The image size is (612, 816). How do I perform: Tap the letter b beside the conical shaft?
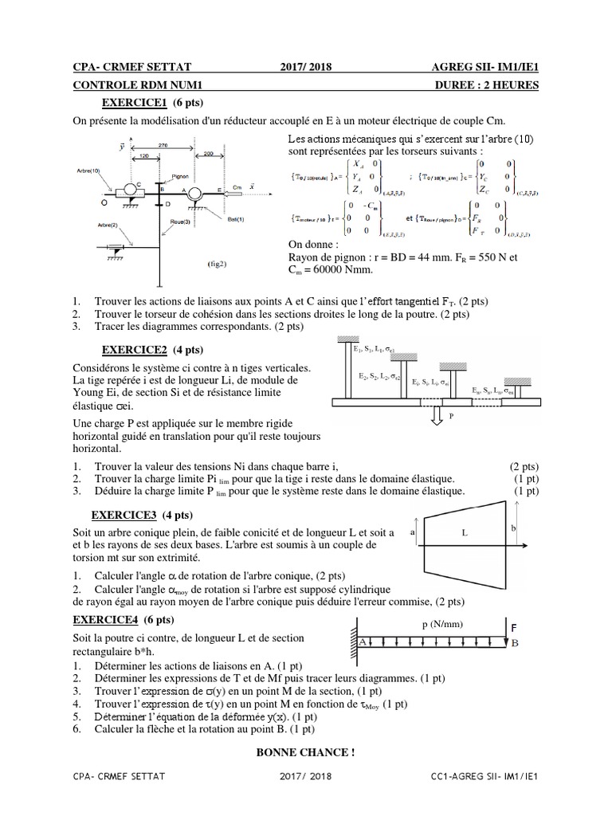(515, 528)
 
